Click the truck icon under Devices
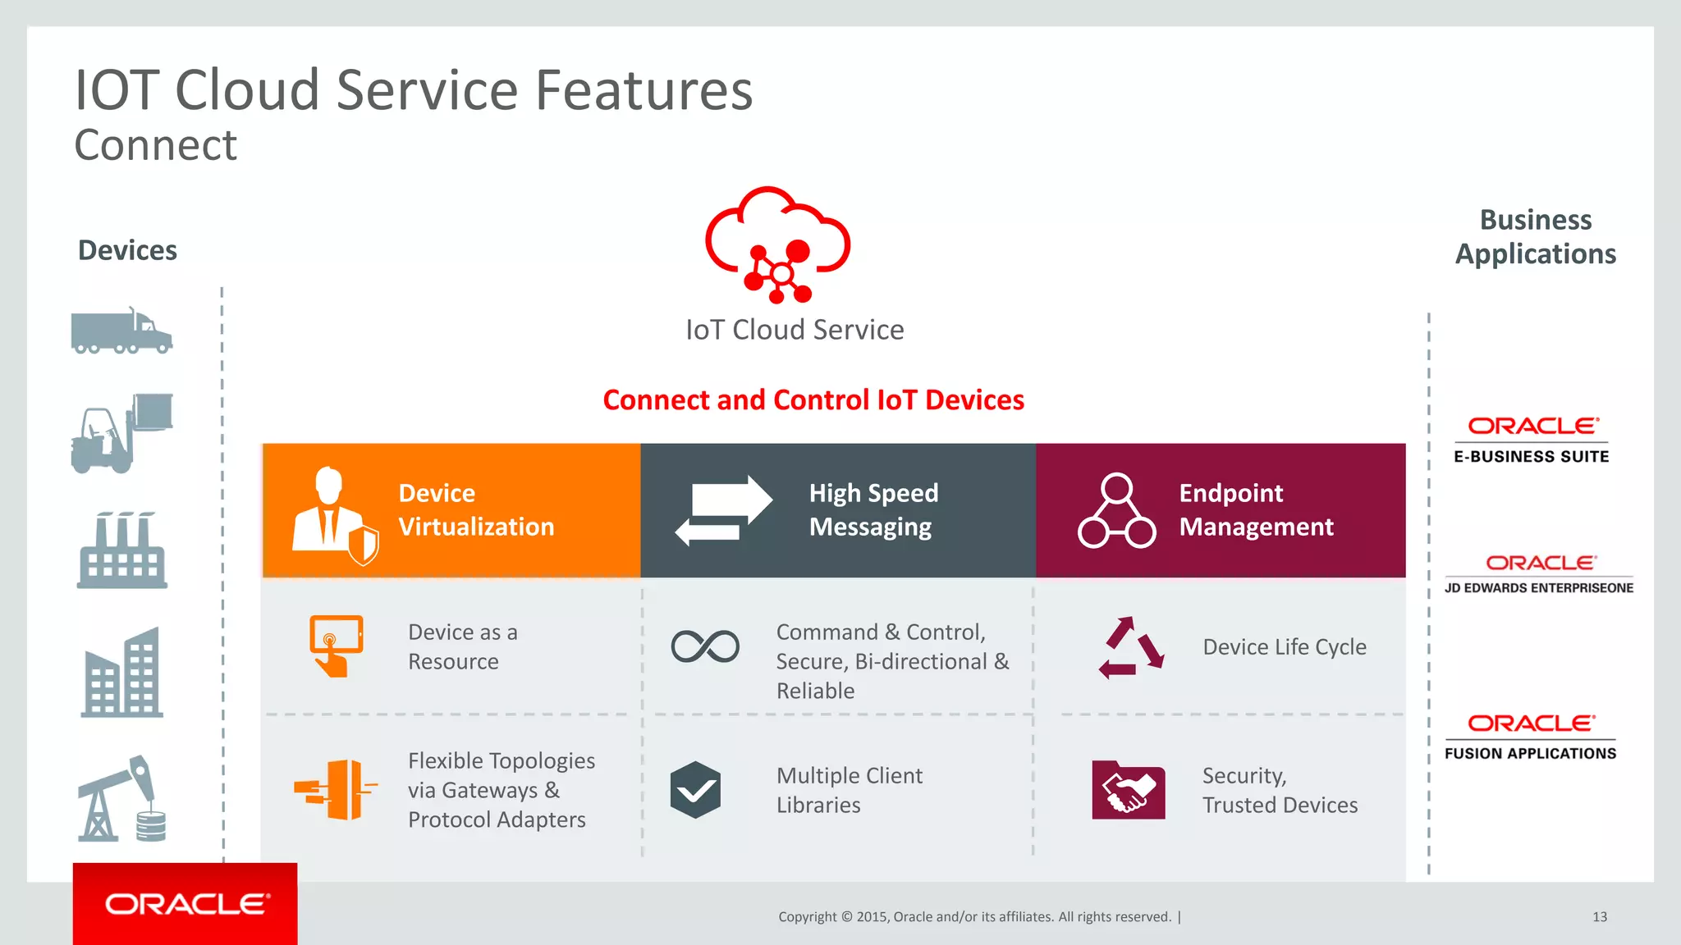[121, 331]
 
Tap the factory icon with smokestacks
[122, 550]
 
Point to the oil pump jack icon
[121, 799]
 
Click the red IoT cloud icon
[777, 244]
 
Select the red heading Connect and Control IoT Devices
[813, 400]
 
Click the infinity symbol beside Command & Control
[705, 646]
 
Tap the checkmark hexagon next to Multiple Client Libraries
[695, 790]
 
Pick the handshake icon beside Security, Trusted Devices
[1128, 790]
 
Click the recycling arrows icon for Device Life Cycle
[1131, 647]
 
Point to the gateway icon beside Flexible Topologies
[336, 790]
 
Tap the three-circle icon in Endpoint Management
[1116, 510]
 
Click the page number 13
[1600, 917]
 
